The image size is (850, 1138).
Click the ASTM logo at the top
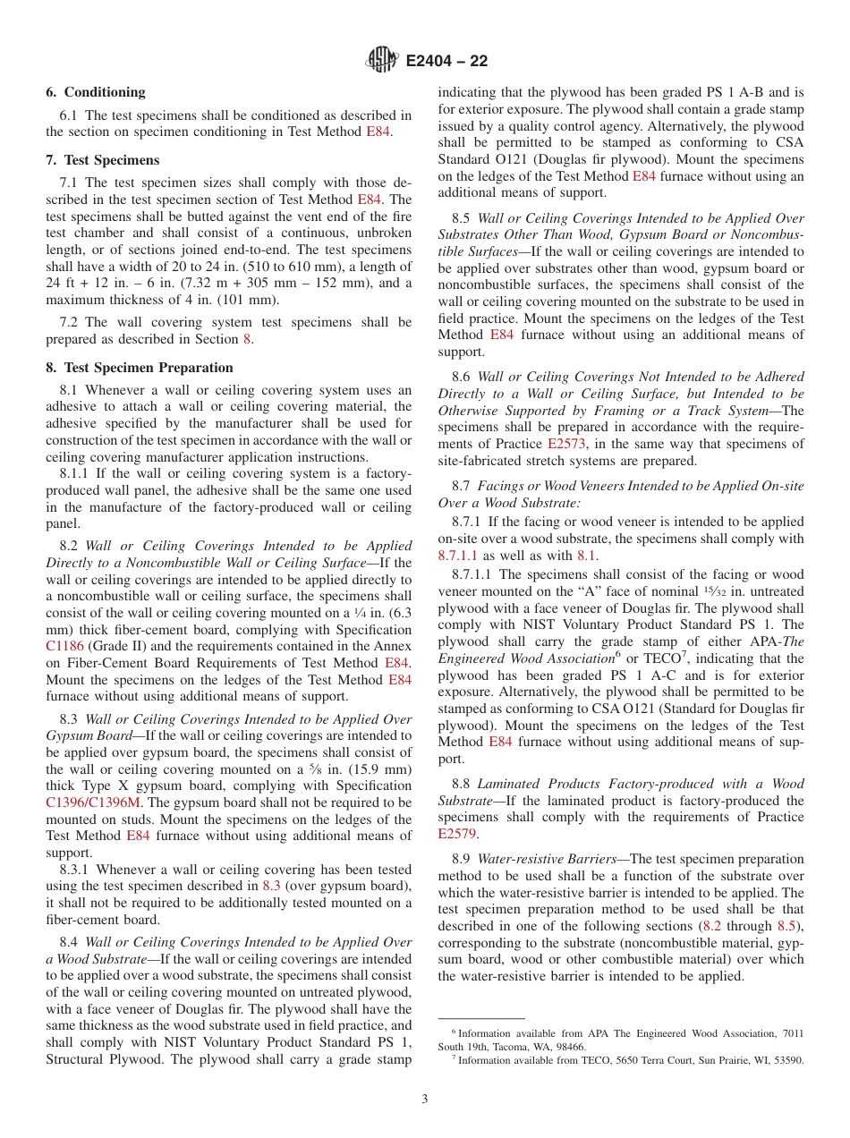click(x=382, y=61)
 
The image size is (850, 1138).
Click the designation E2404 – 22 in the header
click(x=446, y=62)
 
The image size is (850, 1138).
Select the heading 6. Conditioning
click(x=96, y=92)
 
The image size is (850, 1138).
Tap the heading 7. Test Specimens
click(x=103, y=160)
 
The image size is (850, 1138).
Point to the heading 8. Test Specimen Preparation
click(x=140, y=368)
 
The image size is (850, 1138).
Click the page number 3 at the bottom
click(x=425, y=1099)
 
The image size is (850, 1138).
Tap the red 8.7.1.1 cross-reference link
click(x=458, y=556)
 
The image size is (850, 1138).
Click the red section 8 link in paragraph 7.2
click(x=247, y=339)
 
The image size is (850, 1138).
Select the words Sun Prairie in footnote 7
click(x=718, y=1060)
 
